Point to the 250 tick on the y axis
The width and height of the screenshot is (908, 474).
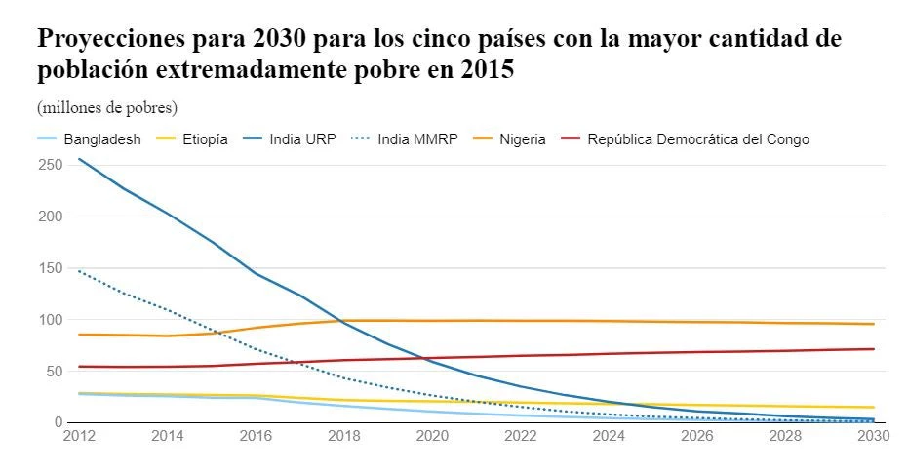(53, 165)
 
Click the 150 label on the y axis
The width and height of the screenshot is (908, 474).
(53, 268)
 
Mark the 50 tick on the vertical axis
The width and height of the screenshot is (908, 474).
(57, 371)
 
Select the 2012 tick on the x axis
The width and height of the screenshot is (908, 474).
(78, 437)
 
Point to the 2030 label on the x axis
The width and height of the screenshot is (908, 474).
(872, 437)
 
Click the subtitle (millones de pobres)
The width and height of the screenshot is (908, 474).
(107, 107)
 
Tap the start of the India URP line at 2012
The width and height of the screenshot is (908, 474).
(79, 159)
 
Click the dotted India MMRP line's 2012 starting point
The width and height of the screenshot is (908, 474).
(79, 271)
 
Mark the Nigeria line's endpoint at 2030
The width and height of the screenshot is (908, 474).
(873, 324)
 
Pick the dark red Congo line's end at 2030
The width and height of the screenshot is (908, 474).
(873, 349)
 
